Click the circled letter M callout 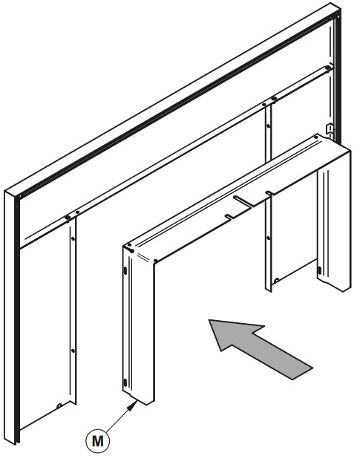pyautogui.click(x=98, y=440)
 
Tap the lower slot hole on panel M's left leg pyautogui.click(x=125, y=382)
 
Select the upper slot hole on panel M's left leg pyautogui.click(x=125, y=271)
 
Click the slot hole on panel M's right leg pyautogui.click(x=319, y=270)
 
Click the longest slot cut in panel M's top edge pyautogui.click(x=242, y=201)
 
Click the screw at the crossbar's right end pyautogui.click(x=328, y=68)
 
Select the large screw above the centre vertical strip pyautogui.click(x=274, y=98)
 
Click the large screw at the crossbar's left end pyautogui.click(x=68, y=217)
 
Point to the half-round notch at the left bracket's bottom pyautogui.click(x=59, y=406)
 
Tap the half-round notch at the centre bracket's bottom pyautogui.click(x=275, y=281)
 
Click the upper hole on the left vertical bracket pyautogui.click(x=73, y=238)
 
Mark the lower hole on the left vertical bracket pyautogui.click(x=73, y=351)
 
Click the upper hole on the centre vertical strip pyautogui.click(x=269, y=126)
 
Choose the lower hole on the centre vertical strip pyautogui.click(x=269, y=238)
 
